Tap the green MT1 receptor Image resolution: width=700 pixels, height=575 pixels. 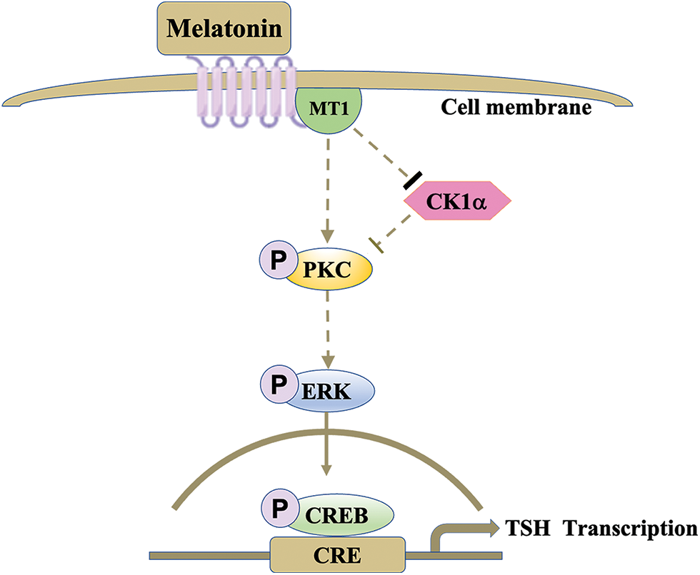click(329, 108)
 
